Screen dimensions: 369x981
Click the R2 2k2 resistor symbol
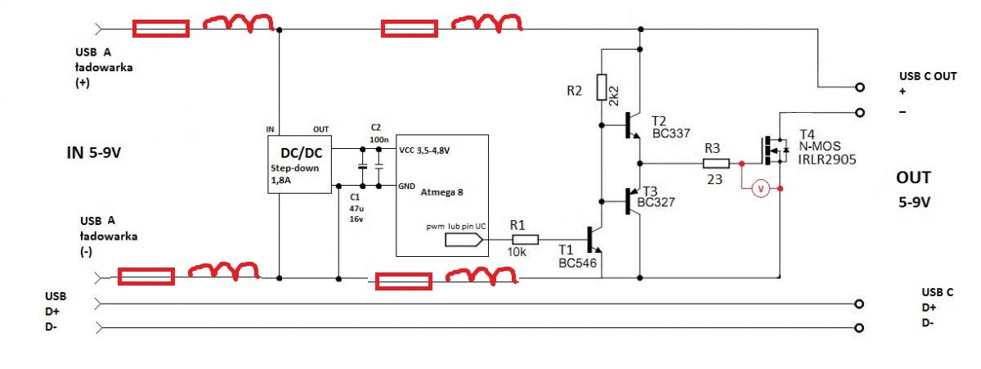601,86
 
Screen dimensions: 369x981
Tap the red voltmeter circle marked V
760,189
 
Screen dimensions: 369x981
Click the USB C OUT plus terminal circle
859,87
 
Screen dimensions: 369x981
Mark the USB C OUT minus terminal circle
859,111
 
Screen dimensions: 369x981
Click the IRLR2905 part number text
827,160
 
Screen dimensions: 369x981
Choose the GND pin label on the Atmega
408,186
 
